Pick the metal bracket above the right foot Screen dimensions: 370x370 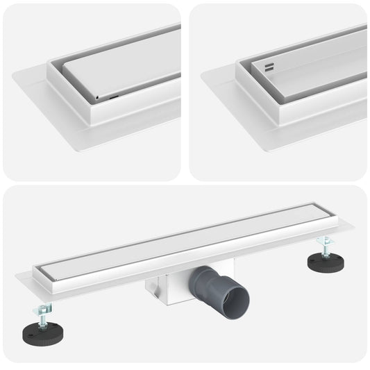[323, 242]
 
